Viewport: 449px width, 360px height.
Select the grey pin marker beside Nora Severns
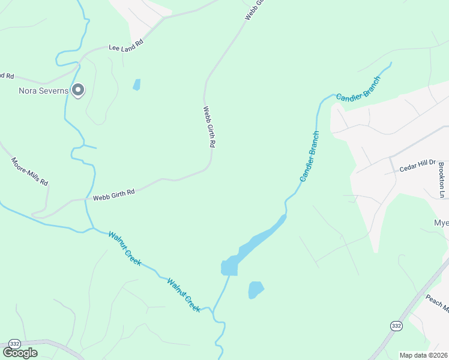[x=78, y=90]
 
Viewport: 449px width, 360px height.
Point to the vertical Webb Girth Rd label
[x=209, y=127]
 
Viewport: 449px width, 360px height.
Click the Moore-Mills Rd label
[x=29, y=172]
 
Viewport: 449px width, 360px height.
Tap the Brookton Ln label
[x=441, y=179]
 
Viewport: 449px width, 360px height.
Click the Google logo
[x=19, y=353]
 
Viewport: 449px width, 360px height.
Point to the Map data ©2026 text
[x=423, y=355]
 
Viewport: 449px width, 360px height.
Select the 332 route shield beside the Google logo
[x=15, y=343]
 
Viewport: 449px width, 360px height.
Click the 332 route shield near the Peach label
[x=396, y=325]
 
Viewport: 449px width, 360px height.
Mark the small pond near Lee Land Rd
[x=137, y=85]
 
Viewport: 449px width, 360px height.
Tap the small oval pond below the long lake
[x=256, y=290]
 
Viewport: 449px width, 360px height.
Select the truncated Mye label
[x=441, y=223]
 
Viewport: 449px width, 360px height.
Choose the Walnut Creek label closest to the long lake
[x=183, y=294]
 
